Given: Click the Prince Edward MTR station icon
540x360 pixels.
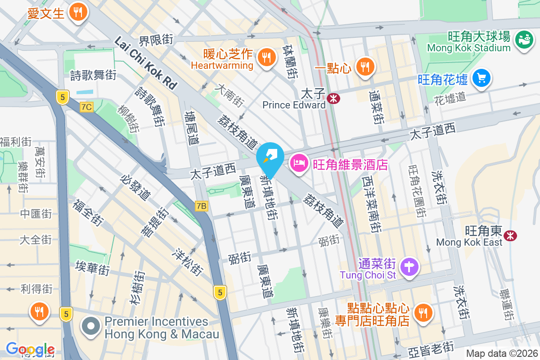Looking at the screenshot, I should (334, 98).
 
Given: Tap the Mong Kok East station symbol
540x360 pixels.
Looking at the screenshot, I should (510, 235).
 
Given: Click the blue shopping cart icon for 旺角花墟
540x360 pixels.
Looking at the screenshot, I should (481, 79).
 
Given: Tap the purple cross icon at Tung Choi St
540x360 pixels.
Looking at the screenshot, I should (410, 267).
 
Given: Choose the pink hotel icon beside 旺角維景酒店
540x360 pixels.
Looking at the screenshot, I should (298, 163).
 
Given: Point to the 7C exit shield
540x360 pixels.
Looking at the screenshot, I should (86, 107).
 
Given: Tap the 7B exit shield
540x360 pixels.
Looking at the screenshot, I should (202, 206).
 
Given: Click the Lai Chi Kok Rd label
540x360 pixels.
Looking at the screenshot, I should (146, 62).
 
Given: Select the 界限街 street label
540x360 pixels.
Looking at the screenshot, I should (156, 40).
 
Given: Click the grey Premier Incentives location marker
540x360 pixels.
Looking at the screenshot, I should (91, 327).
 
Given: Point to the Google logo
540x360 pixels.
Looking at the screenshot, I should (30, 349).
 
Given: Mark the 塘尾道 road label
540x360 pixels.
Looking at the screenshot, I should (192, 128).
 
